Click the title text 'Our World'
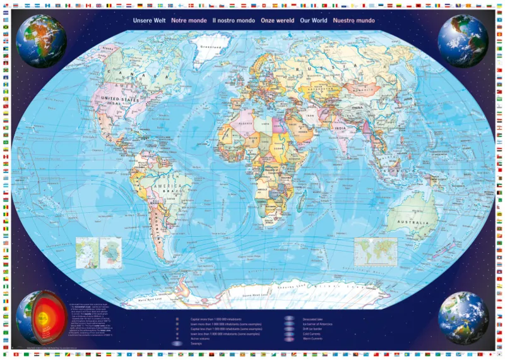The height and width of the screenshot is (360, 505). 314,20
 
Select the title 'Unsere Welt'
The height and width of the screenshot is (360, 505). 149,20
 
